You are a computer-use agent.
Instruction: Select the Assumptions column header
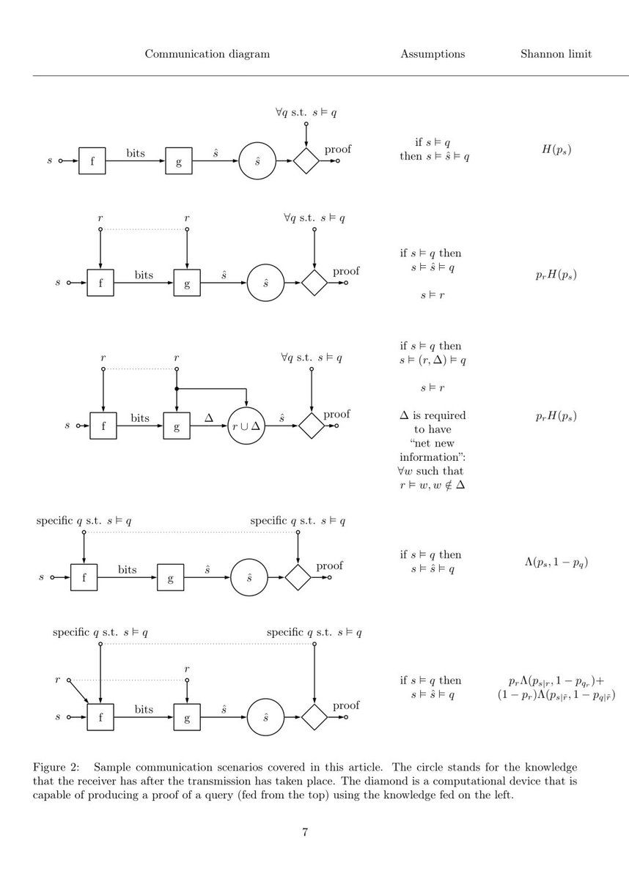(x=433, y=54)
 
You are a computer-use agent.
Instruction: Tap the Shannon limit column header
(x=556, y=54)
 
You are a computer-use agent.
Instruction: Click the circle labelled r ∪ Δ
(x=246, y=425)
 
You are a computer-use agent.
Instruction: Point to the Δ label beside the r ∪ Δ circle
(x=208, y=417)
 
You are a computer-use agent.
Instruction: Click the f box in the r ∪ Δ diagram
(x=103, y=425)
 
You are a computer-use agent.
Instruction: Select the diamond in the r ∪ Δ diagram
(x=312, y=425)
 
